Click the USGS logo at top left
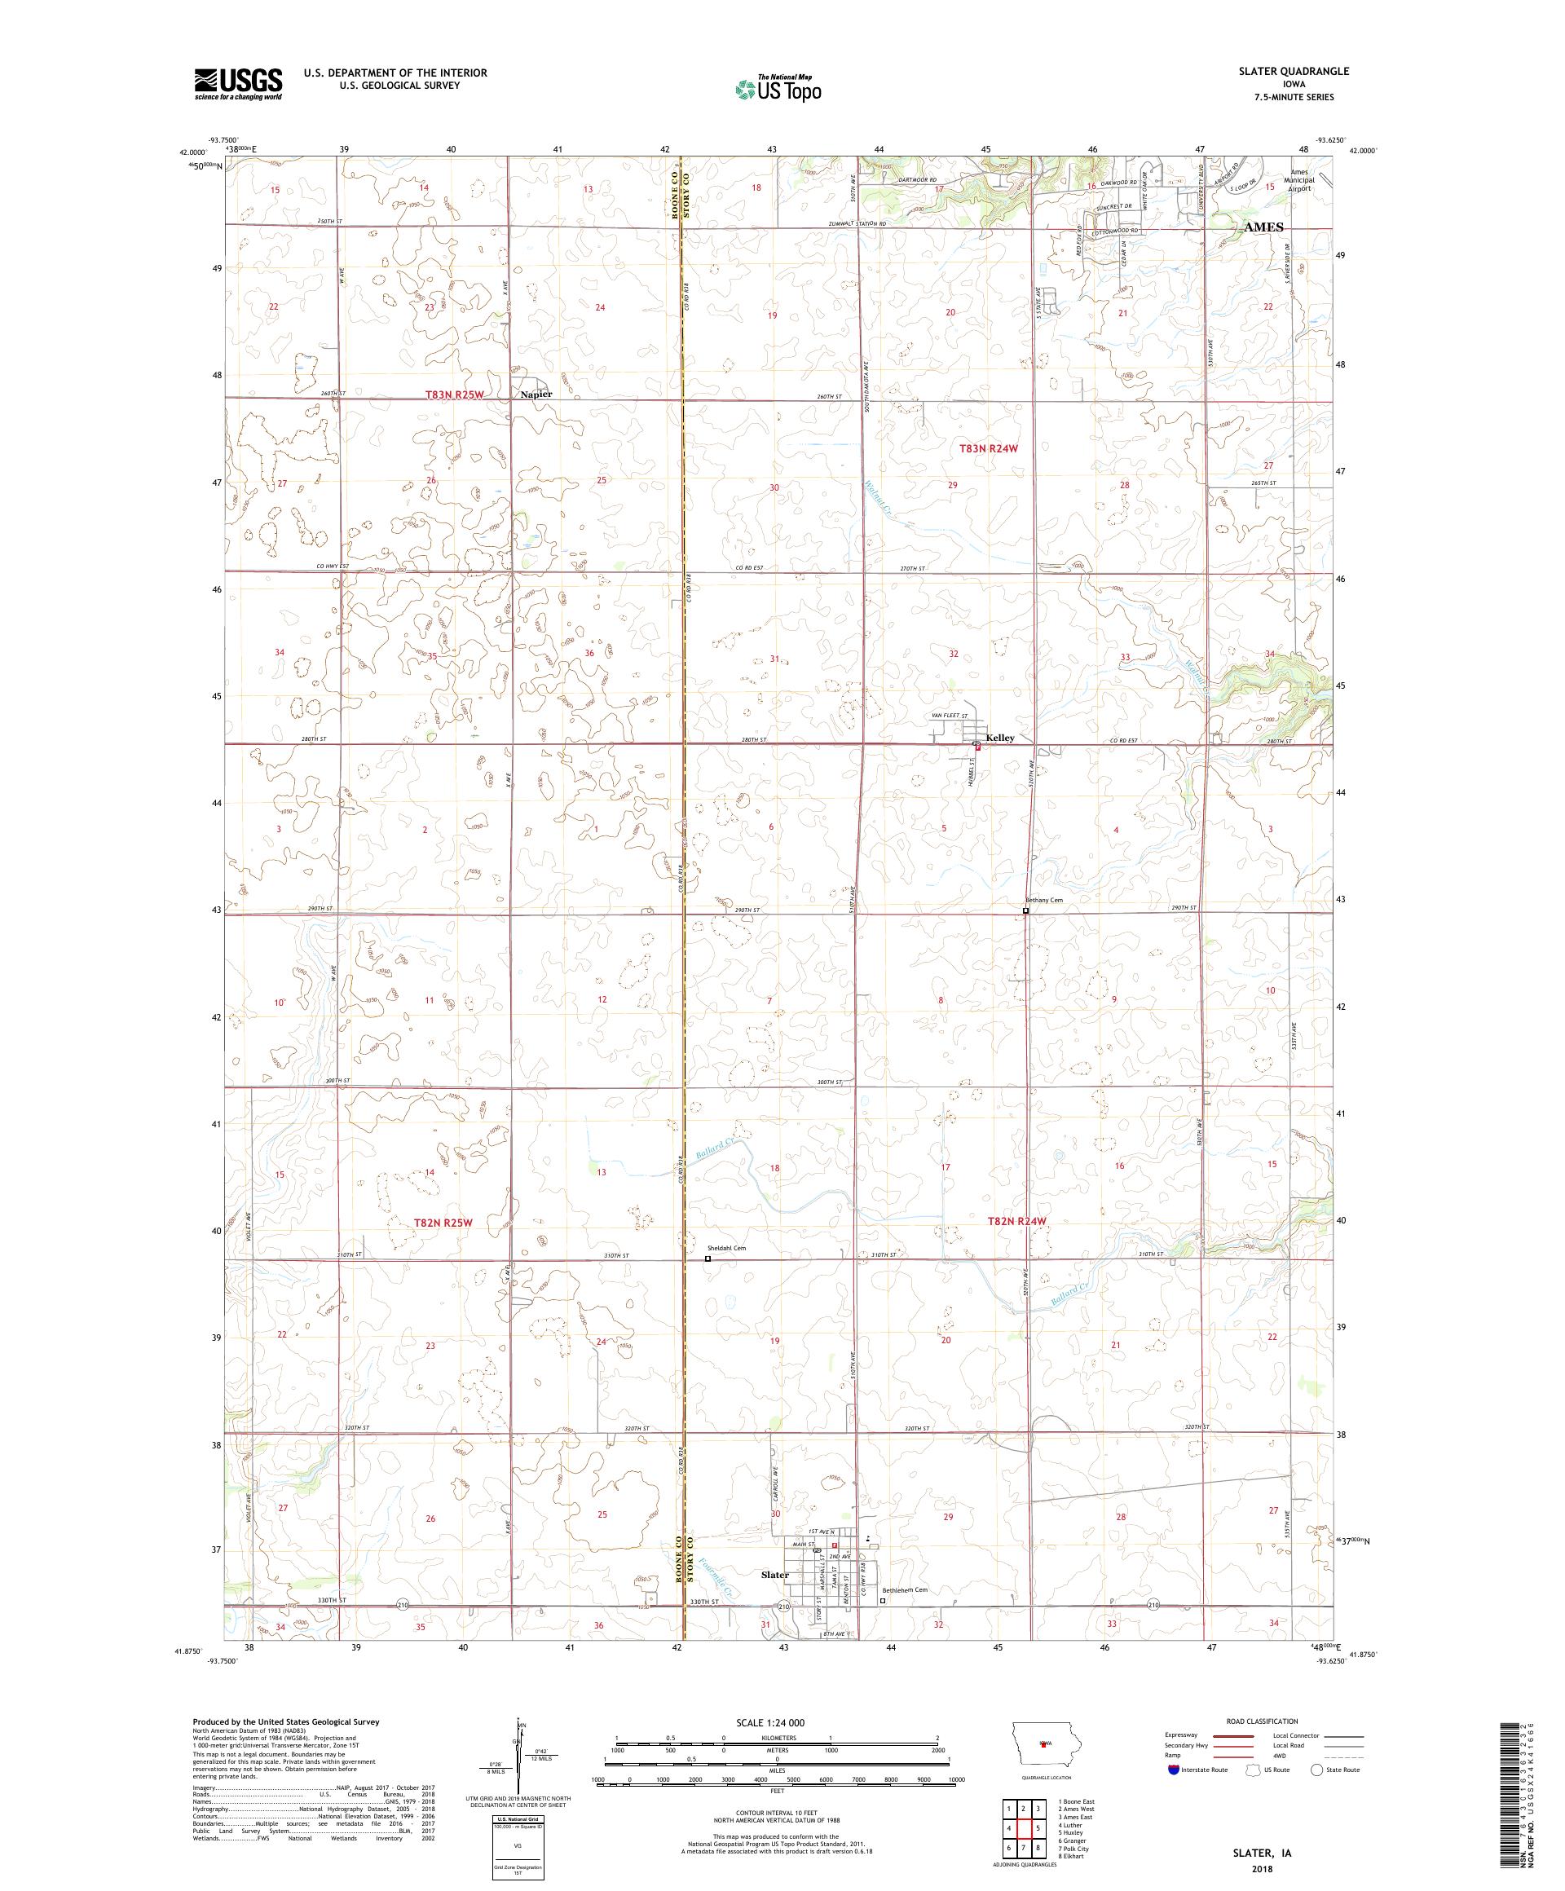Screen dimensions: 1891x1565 [x=238, y=84]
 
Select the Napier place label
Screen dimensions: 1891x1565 [x=536, y=394]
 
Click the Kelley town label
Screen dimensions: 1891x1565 [x=999, y=738]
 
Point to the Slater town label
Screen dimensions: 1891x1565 [x=774, y=1575]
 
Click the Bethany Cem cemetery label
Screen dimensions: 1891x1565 [x=1044, y=900]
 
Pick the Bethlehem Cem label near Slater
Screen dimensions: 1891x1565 [x=904, y=1589]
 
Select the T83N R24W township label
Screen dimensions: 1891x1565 [x=990, y=447]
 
